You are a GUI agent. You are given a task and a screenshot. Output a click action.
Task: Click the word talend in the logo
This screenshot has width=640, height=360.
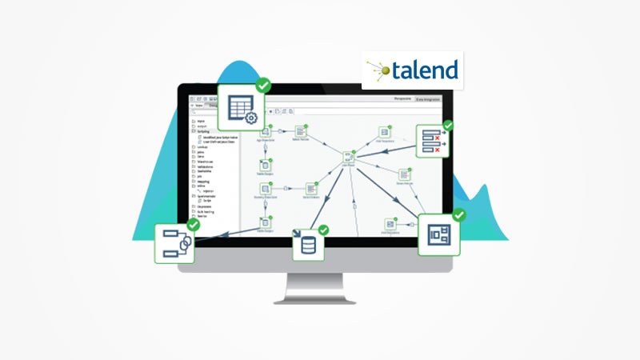(x=425, y=70)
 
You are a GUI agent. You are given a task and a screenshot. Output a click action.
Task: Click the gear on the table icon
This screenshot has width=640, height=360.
(x=250, y=118)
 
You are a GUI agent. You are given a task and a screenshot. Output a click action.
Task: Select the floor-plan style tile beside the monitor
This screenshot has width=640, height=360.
(x=438, y=234)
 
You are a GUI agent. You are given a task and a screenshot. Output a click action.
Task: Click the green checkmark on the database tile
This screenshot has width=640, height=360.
(x=323, y=230)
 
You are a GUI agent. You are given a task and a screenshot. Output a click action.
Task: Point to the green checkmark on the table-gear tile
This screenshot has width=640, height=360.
(x=262, y=85)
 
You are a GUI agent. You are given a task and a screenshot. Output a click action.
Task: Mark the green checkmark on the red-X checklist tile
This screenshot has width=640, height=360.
(x=448, y=126)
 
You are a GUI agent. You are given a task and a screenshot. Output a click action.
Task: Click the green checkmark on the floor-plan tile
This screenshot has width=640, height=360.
(x=458, y=214)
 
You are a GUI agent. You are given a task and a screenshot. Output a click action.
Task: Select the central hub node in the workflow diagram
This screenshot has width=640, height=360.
(x=349, y=158)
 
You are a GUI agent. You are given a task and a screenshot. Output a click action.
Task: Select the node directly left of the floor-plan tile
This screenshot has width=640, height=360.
(x=390, y=226)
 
